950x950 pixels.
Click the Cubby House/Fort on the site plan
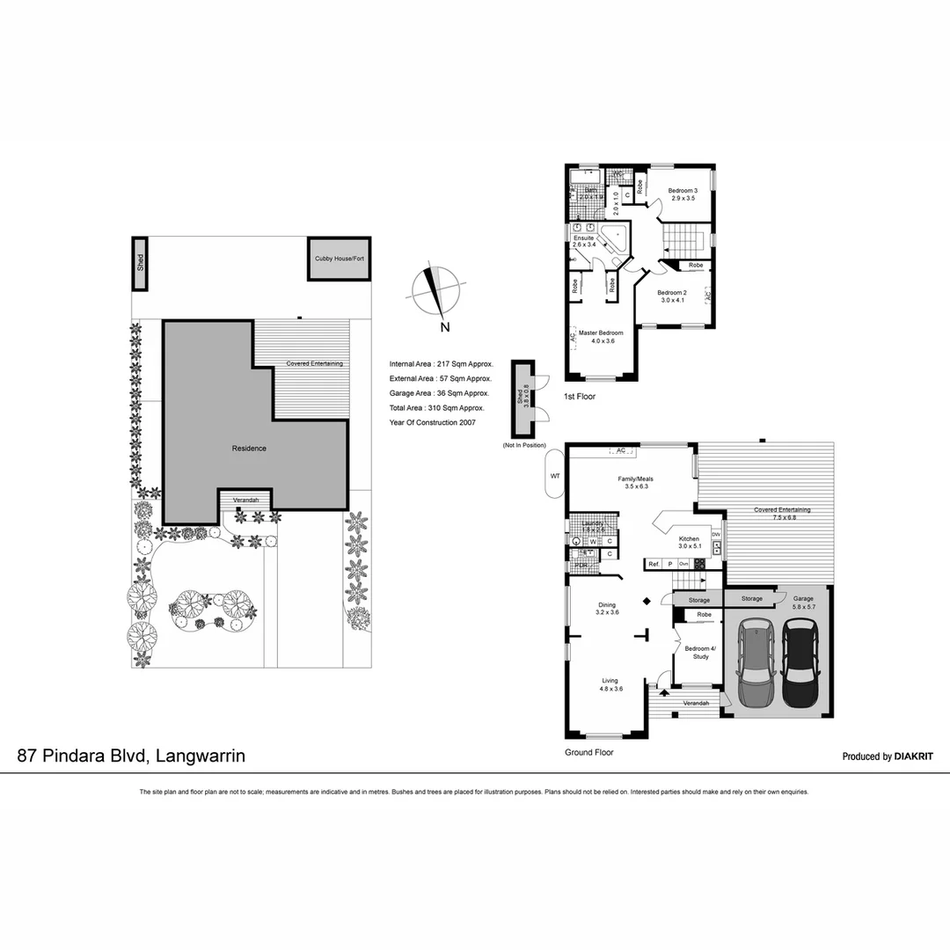pyautogui.click(x=340, y=259)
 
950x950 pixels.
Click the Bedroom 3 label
pyautogui.click(x=682, y=191)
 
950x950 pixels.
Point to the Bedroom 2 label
pyautogui.click(x=672, y=292)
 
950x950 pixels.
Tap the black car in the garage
pyautogui.click(x=800, y=663)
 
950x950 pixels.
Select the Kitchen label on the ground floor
pyautogui.click(x=688, y=539)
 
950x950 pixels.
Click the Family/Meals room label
pyautogui.click(x=634, y=479)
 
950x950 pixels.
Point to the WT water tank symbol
pyautogui.click(x=554, y=475)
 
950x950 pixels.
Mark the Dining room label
pyautogui.click(x=607, y=605)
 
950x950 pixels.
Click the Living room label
pyautogui.click(x=610, y=680)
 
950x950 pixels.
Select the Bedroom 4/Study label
pyautogui.click(x=700, y=652)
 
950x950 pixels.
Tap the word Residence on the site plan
pyautogui.click(x=249, y=449)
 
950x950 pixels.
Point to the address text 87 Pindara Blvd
pyautogui.click(x=132, y=756)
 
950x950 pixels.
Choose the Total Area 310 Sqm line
pyautogui.click(x=436, y=408)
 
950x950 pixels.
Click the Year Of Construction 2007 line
pyautogui.click(x=433, y=422)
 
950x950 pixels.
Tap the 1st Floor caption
pyautogui.click(x=580, y=397)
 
